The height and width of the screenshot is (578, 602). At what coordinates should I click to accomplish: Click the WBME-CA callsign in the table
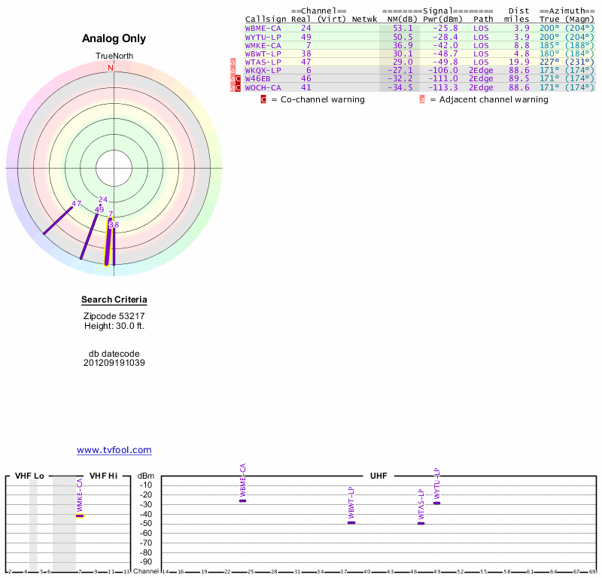pyautogui.click(x=261, y=28)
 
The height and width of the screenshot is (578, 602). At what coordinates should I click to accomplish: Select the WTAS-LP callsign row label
pyautogui.click(x=261, y=62)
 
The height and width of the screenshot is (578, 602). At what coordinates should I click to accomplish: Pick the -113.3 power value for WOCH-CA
pyautogui.click(x=441, y=87)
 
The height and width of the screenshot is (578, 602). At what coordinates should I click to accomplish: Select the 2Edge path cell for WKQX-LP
pyautogui.click(x=480, y=70)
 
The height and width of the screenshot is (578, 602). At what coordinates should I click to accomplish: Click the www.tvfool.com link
pyautogui.click(x=114, y=450)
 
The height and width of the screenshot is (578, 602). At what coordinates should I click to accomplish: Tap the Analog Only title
pyautogui.click(x=114, y=38)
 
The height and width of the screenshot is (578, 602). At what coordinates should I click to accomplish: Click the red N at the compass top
pyautogui.click(x=111, y=68)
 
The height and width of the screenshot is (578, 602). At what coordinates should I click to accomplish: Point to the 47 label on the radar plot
pyautogui.click(x=76, y=204)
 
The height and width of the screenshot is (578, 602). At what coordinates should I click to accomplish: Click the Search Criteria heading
pyautogui.click(x=114, y=300)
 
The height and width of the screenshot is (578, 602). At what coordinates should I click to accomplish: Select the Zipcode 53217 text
pyautogui.click(x=114, y=316)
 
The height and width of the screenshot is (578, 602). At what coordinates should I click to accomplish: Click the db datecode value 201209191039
pyautogui.click(x=114, y=363)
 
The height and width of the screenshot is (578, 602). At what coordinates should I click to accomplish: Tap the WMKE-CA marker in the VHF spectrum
pyautogui.click(x=80, y=516)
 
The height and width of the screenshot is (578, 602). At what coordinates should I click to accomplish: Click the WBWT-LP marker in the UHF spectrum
pyautogui.click(x=351, y=522)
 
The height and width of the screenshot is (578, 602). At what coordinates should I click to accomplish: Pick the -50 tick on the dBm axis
pyautogui.click(x=146, y=523)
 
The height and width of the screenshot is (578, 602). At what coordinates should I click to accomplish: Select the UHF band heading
pyautogui.click(x=378, y=476)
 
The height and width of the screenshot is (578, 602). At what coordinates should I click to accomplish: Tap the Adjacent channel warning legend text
pyautogui.click(x=488, y=99)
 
